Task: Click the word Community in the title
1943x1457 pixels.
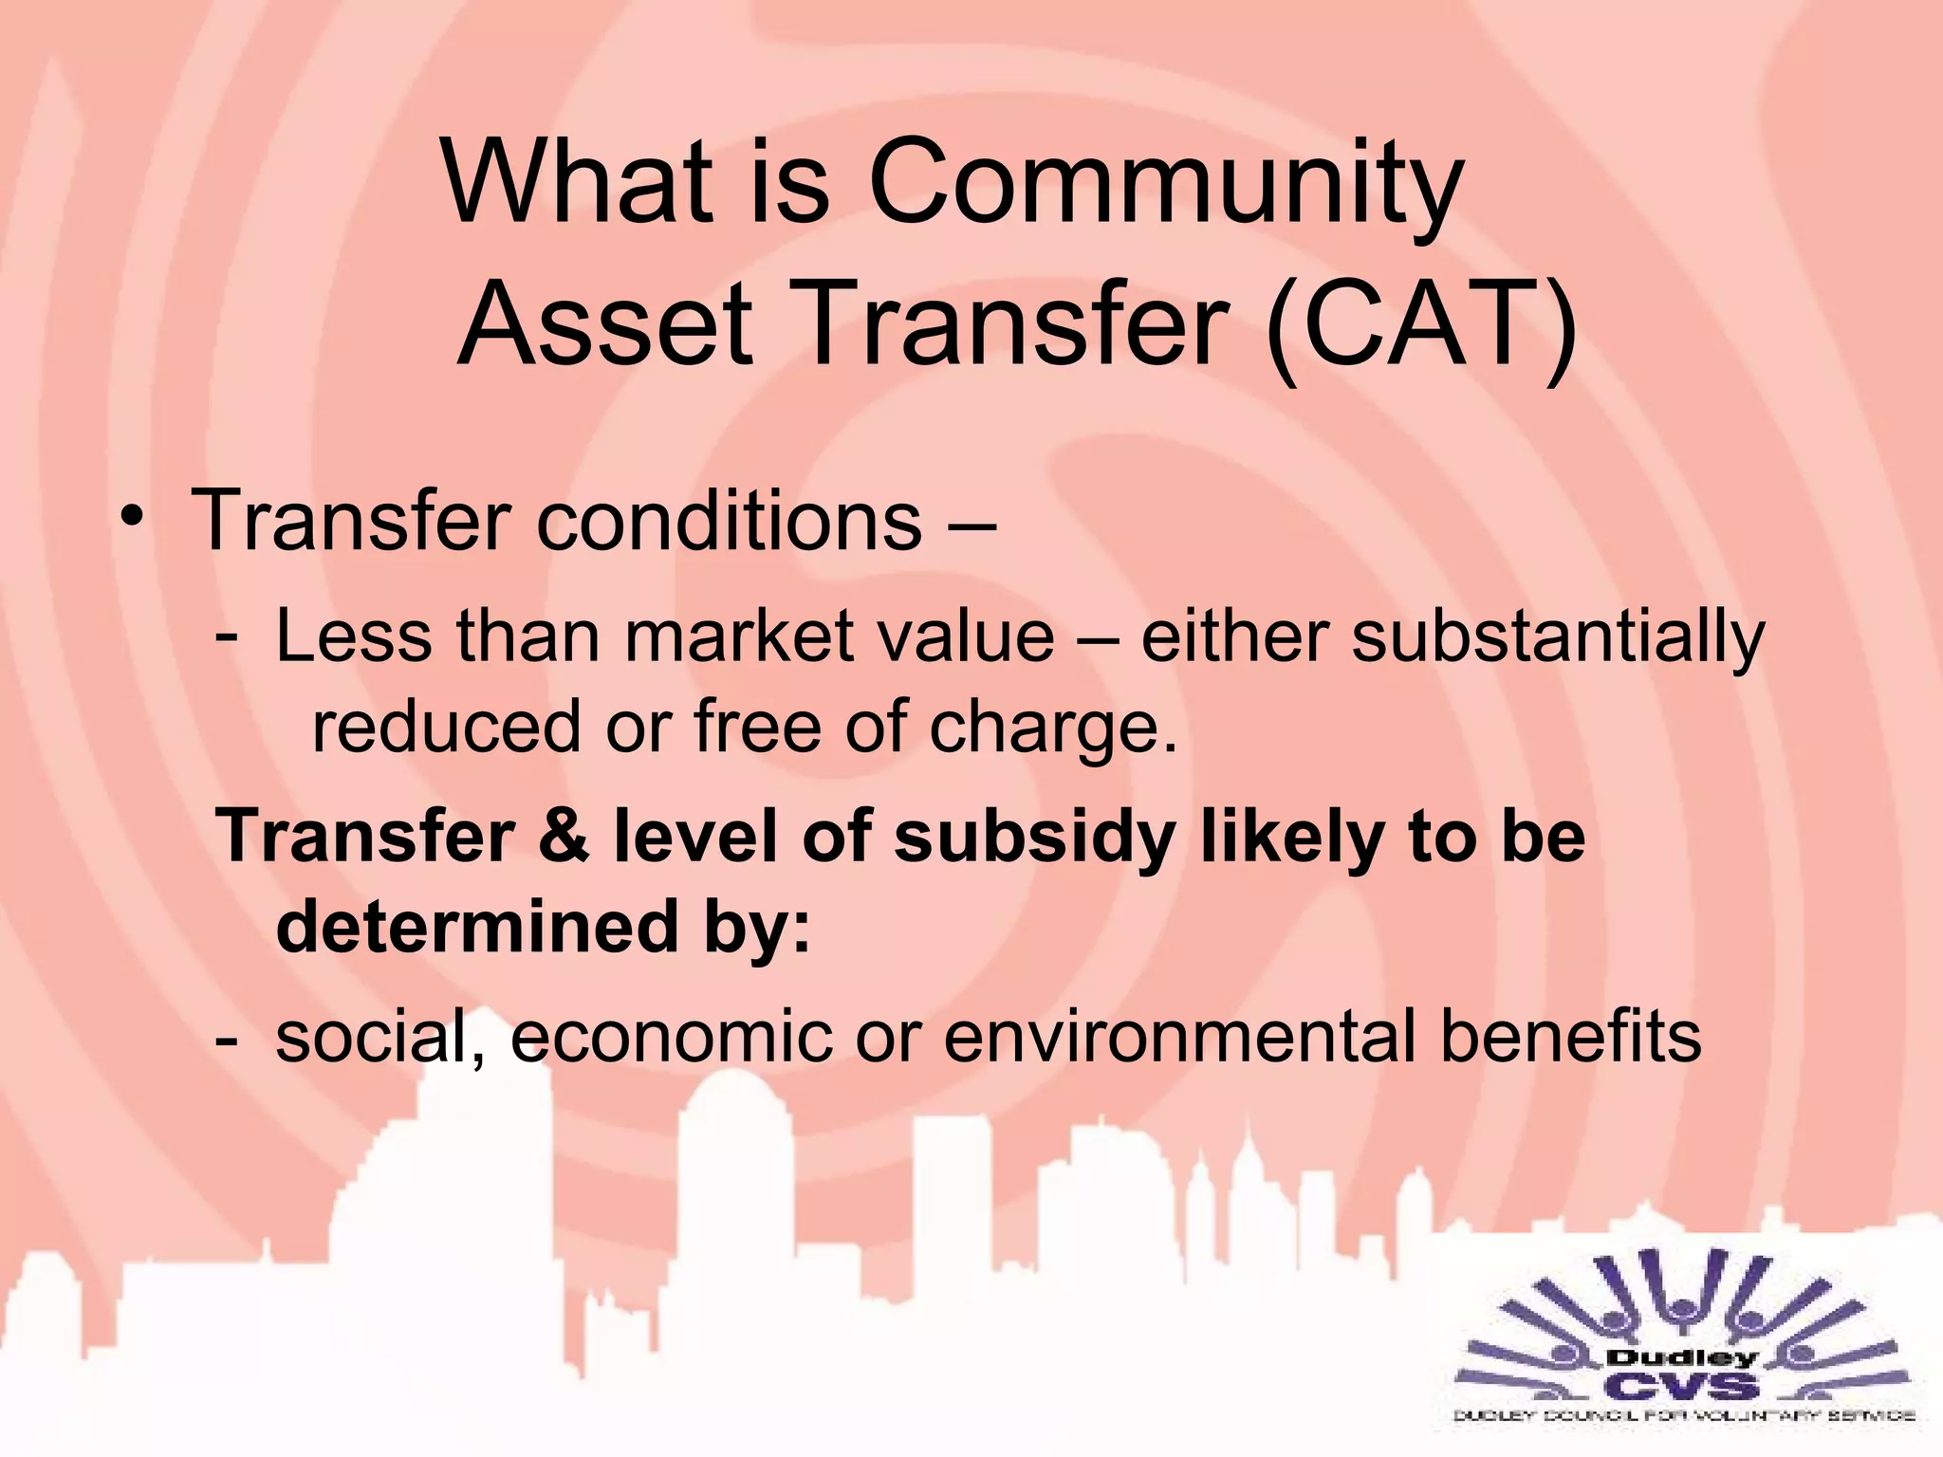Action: [1165, 182]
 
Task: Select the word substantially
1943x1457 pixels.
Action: [1558, 637]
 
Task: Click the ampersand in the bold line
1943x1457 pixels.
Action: [565, 837]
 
